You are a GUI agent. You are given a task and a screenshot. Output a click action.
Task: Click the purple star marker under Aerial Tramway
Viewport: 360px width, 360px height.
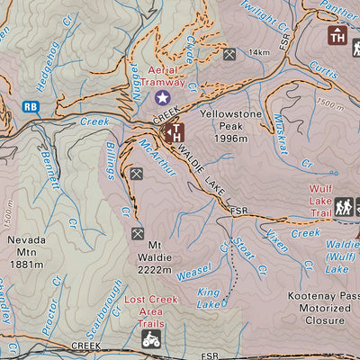pyautogui.click(x=162, y=97)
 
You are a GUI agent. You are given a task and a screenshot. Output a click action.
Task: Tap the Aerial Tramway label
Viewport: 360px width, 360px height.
pyautogui.click(x=161, y=76)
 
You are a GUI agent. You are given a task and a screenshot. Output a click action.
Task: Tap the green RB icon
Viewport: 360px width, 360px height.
pyautogui.click(x=31, y=106)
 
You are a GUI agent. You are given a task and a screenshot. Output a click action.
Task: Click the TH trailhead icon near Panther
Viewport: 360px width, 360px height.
pyautogui.click(x=337, y=36)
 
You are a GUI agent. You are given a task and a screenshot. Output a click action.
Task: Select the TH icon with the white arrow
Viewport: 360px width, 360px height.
pyautogui.click(x=171, y=133)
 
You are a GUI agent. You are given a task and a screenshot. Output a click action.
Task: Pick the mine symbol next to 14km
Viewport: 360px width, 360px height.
pyautogui.click(x=229, y=55)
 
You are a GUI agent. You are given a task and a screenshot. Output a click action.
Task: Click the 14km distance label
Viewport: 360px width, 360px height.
pyautogui.click(x=259, y=53)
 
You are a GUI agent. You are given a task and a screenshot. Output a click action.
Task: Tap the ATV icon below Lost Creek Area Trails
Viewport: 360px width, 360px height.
pyautogui.click(x=151, y=338)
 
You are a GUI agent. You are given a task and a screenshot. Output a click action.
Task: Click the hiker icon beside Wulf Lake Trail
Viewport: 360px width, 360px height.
pyautogui.click(x=343, y=207)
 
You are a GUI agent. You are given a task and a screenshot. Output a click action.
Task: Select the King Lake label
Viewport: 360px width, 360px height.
pyautogui.click(x=209, y=298)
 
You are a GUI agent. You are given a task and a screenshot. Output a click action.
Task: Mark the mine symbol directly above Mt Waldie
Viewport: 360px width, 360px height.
pyautogui.click(x=138, y=233)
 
